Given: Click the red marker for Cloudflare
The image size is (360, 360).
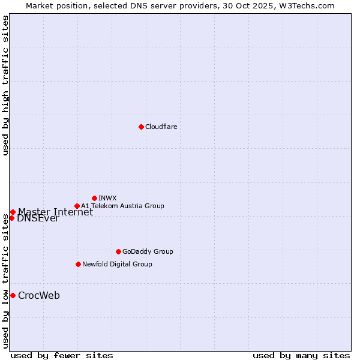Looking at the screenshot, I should (141, 127).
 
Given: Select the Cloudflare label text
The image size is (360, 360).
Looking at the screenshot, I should (161, 127).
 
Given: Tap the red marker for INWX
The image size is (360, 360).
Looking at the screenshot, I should (94, 198).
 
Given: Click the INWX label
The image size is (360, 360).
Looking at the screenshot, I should (107, 198).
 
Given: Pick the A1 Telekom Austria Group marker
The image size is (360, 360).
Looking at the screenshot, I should (77, 206).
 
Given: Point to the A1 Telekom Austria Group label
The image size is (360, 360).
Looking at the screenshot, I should (122, 206).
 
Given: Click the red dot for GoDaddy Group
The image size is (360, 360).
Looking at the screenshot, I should (118, 251).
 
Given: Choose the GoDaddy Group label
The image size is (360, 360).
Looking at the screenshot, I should (148, 251).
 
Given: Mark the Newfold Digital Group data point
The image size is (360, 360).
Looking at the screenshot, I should (78, 264).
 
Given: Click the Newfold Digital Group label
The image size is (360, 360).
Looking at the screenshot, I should (117, 264).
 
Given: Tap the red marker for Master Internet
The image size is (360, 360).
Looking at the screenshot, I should (13, 212).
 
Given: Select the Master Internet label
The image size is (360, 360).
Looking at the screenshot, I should (55, 212).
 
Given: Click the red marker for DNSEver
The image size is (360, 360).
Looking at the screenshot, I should (11, 218).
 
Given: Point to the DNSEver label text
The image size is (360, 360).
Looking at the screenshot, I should (38, 218).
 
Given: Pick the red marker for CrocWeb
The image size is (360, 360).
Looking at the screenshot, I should (13, 295).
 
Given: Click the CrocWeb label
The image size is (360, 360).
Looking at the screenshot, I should (39, 295).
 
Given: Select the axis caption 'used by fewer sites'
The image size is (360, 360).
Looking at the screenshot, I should (62, 355).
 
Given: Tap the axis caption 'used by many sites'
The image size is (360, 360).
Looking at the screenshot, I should (301, 355).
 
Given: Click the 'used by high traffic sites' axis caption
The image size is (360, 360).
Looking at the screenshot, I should (5, 85).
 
